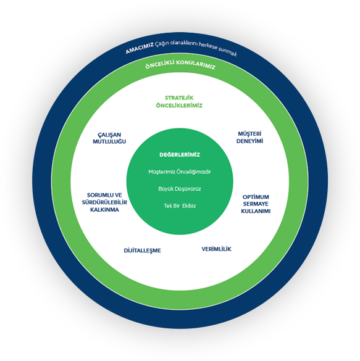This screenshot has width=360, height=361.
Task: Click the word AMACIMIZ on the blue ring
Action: [140, 48]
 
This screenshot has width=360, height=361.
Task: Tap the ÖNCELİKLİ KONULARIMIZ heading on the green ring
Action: [180, 64]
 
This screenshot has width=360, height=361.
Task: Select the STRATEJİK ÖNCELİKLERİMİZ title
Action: [179, 102]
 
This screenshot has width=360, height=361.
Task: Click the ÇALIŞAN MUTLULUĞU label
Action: [109, 138]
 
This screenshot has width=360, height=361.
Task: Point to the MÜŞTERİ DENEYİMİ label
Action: [249, 138]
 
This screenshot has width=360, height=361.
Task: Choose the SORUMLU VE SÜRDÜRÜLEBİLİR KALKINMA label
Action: [104, 202]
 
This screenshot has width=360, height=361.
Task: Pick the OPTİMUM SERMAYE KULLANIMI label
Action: [256, 204]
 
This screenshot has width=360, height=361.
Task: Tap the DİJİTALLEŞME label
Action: [143, 251]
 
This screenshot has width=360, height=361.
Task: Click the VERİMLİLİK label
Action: [216, 249]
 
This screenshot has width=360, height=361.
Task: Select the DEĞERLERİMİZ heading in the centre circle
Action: [180, 154]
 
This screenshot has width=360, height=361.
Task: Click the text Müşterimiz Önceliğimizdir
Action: [180, 172]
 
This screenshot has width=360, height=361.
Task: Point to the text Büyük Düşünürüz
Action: [180, 189]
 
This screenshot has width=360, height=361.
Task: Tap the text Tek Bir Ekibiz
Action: [180, 205]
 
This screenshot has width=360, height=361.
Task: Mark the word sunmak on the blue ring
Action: [228, 52]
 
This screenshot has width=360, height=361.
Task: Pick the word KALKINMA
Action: [104, 210]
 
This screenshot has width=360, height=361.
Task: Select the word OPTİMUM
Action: [256, 197]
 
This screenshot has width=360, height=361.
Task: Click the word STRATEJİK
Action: [179, 98]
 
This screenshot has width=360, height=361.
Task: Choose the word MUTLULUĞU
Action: [109, 141]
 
